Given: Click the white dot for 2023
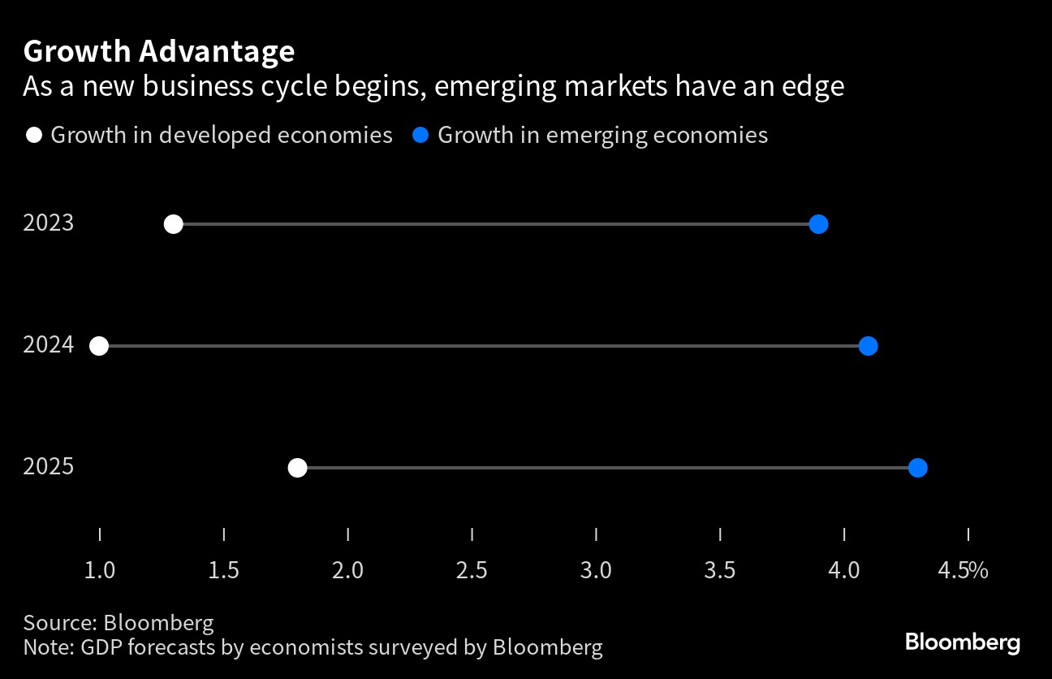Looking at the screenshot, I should pyautogui.click(x=173, y=224).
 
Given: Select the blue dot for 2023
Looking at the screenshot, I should pyautogui.click(x=818, y=224).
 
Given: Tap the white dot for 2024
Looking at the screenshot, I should pyautogui.click(x=99, y=346).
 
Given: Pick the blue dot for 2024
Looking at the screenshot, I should pyautogui.click(x=868, y=346).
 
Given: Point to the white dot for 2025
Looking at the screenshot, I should pyautogui.click(x=298, y=468).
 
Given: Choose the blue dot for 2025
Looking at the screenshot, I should pyautogui.click(x=917, y=468).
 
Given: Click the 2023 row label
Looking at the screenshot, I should pyautogui.click(x=49, y=223).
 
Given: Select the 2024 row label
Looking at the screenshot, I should pyautogui.click(x=49, y=345).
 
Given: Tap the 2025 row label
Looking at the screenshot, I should pyautogui.click(x=49, y=467).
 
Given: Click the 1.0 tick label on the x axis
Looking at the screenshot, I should pyautogui.click(x=100, y=571).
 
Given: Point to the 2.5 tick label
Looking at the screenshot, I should pyautogui.click(x=472, y=571).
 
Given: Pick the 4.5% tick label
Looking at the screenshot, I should pyautogui.click(x=963, y=571).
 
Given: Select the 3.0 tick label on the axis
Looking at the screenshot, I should pyautogui.click(x=596, y=571).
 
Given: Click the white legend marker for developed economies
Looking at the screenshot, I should pyautogui.click(x=33, y=135).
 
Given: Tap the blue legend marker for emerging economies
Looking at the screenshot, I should pyautogui.click(x=420, y=135).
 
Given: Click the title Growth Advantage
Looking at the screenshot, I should pyautogui.click(x=159, y=51).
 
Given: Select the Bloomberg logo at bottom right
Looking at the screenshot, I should pyautogui.click(x=963, y=642).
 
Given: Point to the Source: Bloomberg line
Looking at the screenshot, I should pyautogui.click(x=119, y=623).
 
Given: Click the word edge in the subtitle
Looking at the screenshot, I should pyautogui.click(x=812, y=87).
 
